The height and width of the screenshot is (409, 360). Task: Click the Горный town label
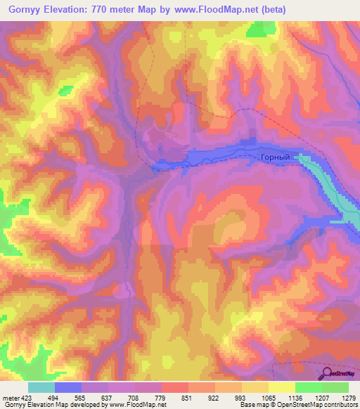pyautogui.click(x=275, y=158)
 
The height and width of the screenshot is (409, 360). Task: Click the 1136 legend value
pyautogui.click(x=295, y=397)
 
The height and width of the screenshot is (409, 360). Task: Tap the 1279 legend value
pyautogui.click(x=347, y=397)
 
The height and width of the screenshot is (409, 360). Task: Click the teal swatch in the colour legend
pyautogui.click(x=41, y=387)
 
